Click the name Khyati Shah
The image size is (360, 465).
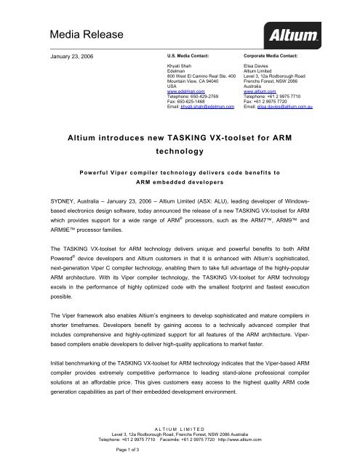[x=180, y=65]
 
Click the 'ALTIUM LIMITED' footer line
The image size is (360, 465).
[x=179, y=429]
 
